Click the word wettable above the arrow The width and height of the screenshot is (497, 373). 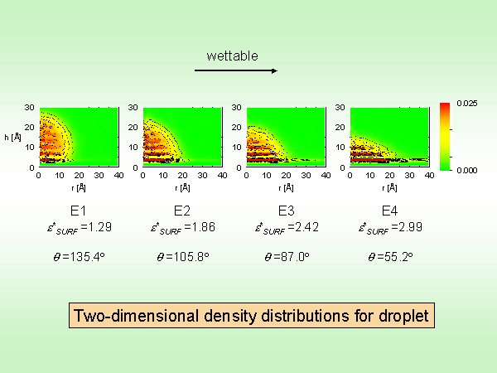233,56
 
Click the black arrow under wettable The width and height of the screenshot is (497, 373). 236,71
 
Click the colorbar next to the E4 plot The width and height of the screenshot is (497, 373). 445,136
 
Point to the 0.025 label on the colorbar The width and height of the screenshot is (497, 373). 466,104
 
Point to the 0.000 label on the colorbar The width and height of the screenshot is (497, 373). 466,169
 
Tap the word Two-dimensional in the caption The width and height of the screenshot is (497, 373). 133,316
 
